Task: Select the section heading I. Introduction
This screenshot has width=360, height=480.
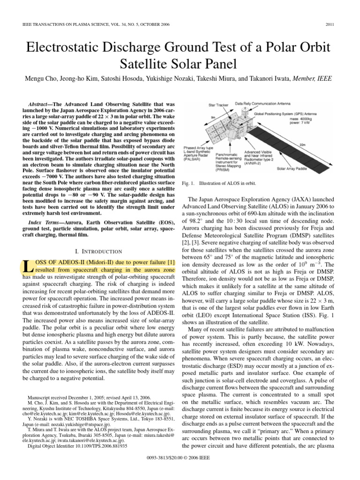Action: (99, 251)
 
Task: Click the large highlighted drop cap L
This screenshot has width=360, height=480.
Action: (28, 266)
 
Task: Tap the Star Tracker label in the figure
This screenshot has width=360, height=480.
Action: (218, 105)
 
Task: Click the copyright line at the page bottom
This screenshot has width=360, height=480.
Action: (180, 470)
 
